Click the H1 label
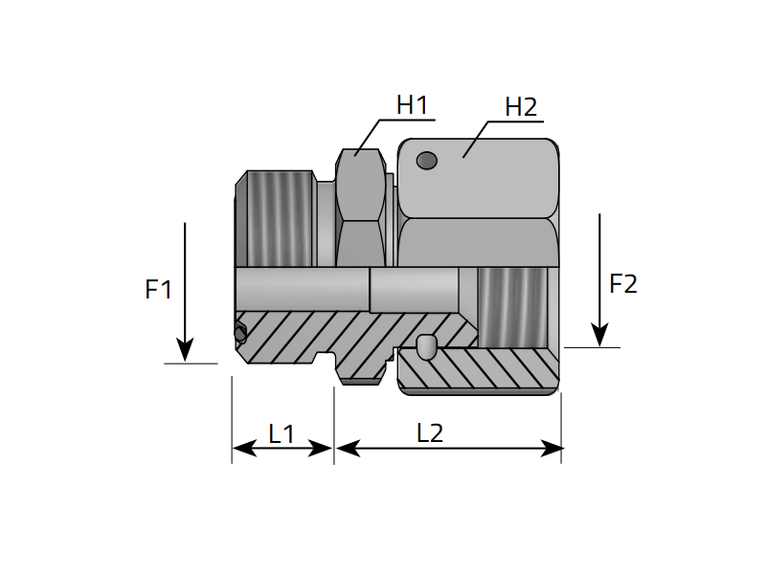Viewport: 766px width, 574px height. click(412, 105)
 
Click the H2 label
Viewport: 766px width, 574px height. click(521, 107)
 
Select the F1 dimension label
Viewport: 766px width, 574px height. click(158, 289)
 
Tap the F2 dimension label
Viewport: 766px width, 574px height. click(623, 284)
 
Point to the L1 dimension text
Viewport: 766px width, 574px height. click(282, 434)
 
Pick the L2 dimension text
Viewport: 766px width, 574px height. click(430, 433)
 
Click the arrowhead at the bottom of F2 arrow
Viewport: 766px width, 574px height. click(599, 336)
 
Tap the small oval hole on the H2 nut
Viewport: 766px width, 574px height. click(426, 161)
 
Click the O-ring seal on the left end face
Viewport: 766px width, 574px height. click(239, 333)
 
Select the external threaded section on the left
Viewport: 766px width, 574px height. click(280, 218)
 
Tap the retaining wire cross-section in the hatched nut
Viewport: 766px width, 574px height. click(427, 346)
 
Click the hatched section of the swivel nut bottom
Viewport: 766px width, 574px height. click(488, 371)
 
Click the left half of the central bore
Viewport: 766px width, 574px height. click(302, 289)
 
